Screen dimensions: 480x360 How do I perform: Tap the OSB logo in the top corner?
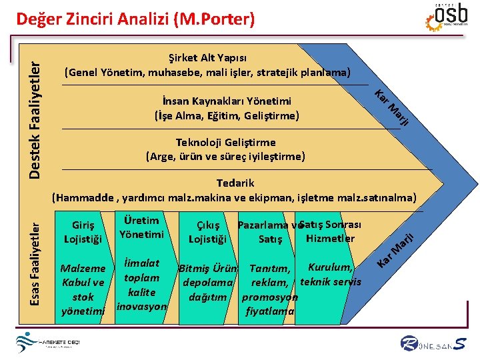tap(451, 17)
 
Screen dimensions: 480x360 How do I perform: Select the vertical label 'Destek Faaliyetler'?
tap(39, 116)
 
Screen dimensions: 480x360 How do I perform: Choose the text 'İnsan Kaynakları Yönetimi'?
tap(226, 101)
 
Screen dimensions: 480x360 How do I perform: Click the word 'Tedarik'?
tap(235, 183)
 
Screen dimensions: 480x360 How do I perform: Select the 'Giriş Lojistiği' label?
tap(83, 231)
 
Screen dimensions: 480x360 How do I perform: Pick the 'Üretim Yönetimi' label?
tap(141, 227)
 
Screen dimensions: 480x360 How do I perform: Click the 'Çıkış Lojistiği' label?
tap(208, 232)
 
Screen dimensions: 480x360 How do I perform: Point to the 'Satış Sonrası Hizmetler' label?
tap(331, 231)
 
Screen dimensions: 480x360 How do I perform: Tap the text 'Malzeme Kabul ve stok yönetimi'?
tap(83, 289)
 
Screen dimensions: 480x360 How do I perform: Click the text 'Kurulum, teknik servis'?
tap(331, 275)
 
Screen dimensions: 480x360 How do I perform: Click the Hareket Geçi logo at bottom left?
tap(50, 343)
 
